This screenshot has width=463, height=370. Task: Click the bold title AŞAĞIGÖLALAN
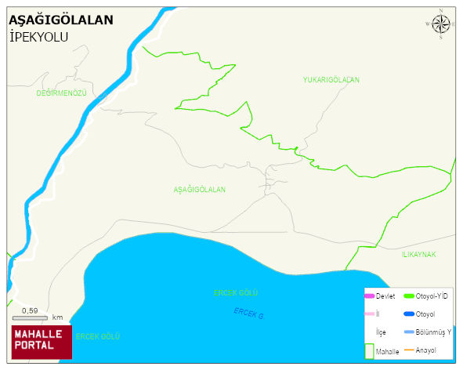pos(60,20)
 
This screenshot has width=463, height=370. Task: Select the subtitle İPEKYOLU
pos(39,36)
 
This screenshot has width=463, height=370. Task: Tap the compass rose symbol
pos(441,24)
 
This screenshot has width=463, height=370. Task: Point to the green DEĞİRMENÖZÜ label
pos(61,93)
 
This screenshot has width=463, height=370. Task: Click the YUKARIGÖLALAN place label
pos(331,80)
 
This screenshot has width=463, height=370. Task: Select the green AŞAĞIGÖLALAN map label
pos(199,190)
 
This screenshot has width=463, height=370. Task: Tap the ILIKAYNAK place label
pos(418,255)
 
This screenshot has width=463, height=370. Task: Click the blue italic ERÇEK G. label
pos(249,313)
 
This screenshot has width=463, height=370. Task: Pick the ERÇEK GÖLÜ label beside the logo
pos(98,336)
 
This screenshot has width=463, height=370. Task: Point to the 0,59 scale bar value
pos(30,310)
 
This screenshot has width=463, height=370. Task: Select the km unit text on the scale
pos(57,317)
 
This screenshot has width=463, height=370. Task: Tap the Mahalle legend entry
pos(388,352)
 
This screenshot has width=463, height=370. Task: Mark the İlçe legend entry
pos(382,332)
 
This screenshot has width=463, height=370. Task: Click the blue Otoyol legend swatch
pos(408,314)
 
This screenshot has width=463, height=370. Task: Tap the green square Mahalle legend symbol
pos(369,350)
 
